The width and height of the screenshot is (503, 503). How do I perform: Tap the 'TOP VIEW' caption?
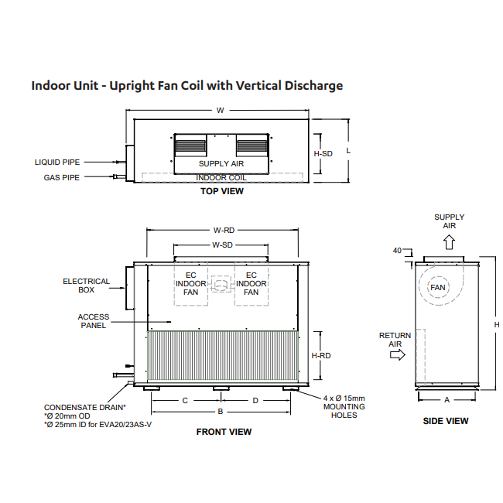pyautogui.click(x=222, y=191)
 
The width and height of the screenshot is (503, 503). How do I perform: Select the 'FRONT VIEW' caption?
pyautogui.click(x=224, y=432)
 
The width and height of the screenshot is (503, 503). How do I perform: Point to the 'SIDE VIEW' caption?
pyautogui.click(x=445, y=421)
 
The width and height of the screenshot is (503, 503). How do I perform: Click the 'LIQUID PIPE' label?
pyautogui.click(x=57, y=163)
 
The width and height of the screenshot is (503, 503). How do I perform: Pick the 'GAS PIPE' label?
pyautogui.click(x=62, y=177)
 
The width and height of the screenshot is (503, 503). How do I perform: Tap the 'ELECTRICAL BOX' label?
pyautogui.click(x=87, y=286)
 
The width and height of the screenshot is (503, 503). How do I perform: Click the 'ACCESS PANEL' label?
pyautogui.click(x=94, y=321)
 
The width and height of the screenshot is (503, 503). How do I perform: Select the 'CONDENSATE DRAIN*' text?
pyautogui.click(x=85, y=407)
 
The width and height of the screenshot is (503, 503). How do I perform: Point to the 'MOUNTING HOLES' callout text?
pyautogui.click(x=344, y=411)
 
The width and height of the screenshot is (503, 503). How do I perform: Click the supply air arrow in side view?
pyautogui.click(x=449, y=241)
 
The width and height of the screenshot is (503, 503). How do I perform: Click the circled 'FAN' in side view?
pyautogui.click(x=439, y=287)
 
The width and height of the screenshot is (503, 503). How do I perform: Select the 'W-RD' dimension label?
pyautogui.click(x=224, y=230)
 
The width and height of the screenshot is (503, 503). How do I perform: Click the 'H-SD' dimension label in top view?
pyautogui.click(x=323, y=154)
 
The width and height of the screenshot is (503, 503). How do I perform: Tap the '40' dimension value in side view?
pyautogui.click(x=398, y=251)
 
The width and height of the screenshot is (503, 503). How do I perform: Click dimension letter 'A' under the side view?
pyautogui.click(x=447, y=400)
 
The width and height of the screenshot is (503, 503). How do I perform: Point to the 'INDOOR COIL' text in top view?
pyautogui.click(x=221, y=177)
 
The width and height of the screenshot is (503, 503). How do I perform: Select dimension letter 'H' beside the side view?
pyautogui.click(x=496, y=324)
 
